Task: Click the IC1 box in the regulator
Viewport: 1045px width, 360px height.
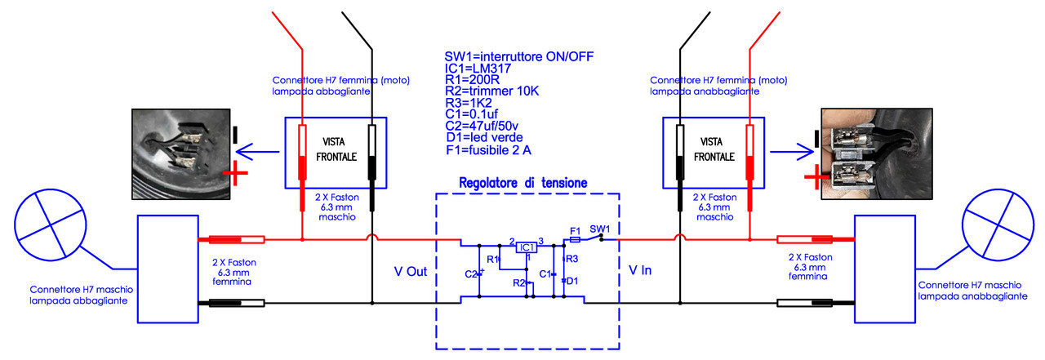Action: coord(527,246)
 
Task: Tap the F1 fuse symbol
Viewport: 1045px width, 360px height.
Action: coord(576,240)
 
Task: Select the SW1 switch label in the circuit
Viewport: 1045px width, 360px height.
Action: coord(600,229)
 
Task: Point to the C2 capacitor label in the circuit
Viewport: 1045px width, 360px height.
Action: coord(471,274)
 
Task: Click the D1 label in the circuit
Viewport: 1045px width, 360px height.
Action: coord(572,281)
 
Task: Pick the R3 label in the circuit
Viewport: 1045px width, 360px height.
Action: coord(572,259)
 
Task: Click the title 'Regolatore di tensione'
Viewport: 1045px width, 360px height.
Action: coord(522,184)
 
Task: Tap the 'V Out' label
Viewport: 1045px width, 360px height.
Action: coord(411,271)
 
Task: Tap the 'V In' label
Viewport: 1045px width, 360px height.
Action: coord(640,270)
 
